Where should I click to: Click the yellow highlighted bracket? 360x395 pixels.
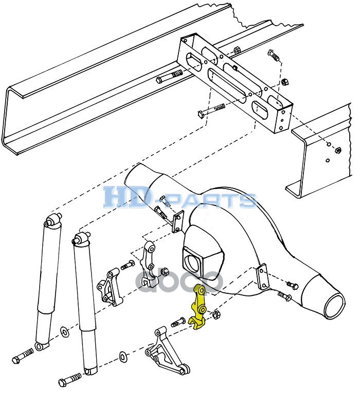click(199, 308)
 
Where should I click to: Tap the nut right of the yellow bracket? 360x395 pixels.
click(217, 314)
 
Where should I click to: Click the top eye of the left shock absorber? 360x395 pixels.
click(52, 223)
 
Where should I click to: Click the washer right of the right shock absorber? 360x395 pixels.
click(123, 355)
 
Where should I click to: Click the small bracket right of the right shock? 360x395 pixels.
click(111, 288)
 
